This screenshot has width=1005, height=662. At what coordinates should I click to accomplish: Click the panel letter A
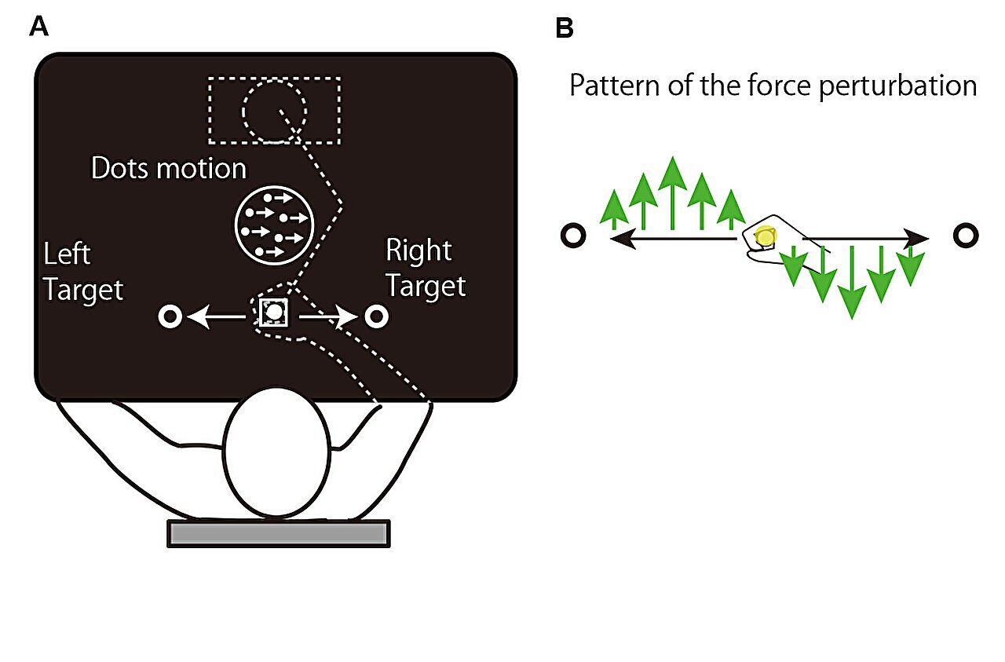[x=38, y=27]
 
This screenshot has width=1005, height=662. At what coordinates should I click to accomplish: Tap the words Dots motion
[x=169, y=168]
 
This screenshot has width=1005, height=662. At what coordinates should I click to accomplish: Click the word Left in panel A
[x=68, y=254]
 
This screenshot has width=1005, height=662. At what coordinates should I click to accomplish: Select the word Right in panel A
[x=418, y=250]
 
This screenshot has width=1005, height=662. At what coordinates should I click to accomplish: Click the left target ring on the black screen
[x=170, y=316]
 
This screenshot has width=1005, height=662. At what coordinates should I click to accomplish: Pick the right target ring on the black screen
[x=376, y=316]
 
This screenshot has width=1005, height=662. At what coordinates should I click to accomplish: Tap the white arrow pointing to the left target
[x=216, y=316]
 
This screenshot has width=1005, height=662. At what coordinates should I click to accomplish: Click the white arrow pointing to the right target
[x=328, y=316]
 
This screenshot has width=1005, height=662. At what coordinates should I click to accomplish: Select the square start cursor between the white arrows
[x=274, y=313]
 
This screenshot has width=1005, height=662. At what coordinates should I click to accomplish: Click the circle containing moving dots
[x=274, y=225]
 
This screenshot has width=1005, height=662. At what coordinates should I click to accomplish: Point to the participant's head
[x=277, y=452]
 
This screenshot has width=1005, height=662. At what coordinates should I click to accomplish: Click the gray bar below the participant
[x=279, y=533]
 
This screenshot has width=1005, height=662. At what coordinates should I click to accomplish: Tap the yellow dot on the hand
[x=766, y=236]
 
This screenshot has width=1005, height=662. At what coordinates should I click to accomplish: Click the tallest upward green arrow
[x=673, y=192]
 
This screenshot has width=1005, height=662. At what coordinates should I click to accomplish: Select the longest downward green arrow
[x=852, y=282]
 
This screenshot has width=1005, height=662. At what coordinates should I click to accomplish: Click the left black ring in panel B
[x=573, y=235]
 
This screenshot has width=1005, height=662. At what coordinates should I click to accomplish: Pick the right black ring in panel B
[x=966, y=235]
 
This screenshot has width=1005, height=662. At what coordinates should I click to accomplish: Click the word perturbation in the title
[x=897, y=86]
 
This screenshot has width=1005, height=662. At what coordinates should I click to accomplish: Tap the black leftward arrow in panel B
[x=674, y=238]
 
